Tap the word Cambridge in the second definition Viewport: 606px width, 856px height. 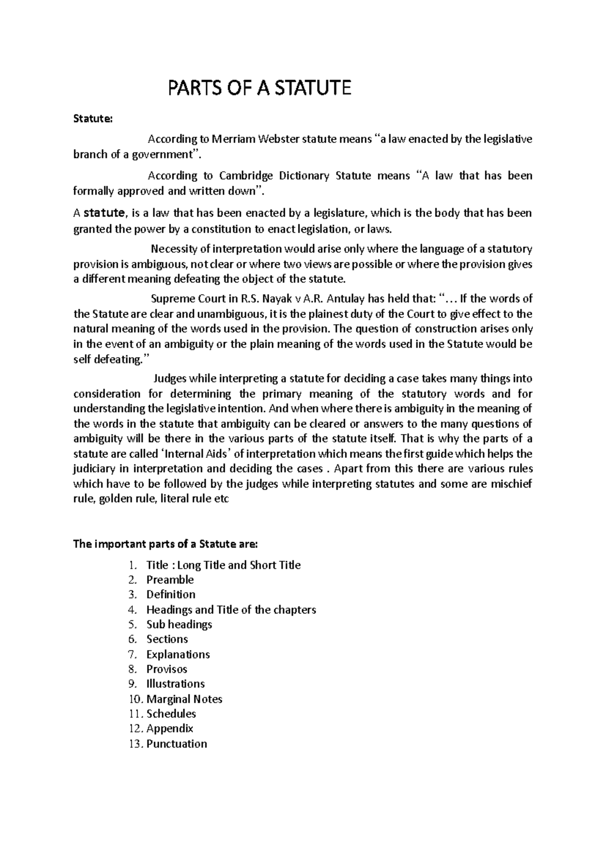coord(247,176)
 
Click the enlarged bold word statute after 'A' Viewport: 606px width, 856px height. coord(104,212)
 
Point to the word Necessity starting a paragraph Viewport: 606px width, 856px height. coord(174,249)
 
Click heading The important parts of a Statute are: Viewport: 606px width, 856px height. coord(166,545)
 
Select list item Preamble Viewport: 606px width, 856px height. coord(170,579)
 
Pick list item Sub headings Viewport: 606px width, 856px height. coord(179,624)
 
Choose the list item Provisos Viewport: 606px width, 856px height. coord(167,669)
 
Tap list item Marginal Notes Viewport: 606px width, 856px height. coord(184,699)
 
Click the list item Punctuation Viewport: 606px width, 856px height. coord(177,744)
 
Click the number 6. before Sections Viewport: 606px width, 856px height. coord(132,639)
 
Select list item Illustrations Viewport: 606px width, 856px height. coord(175,684)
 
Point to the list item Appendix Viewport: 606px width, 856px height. coord(170,729)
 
